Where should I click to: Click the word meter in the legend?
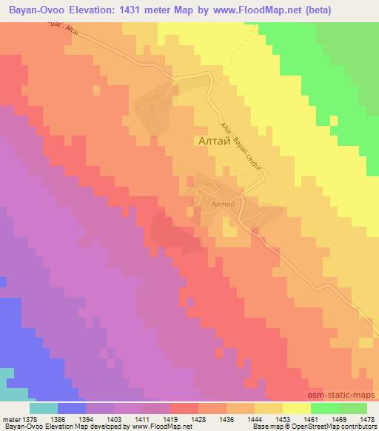[11, 418]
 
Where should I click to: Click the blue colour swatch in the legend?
[71, 408]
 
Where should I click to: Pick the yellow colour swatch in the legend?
[296, 408]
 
